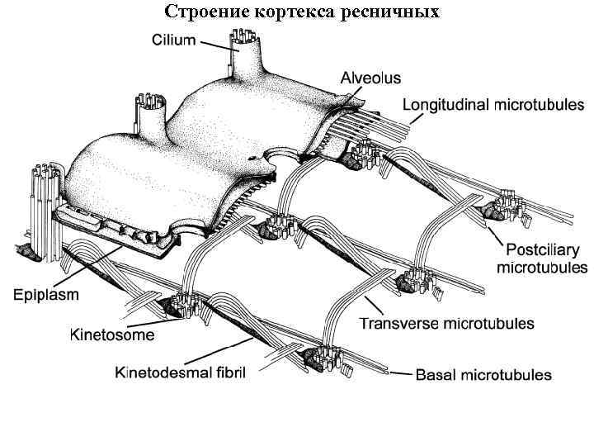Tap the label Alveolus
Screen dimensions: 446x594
point(370,78)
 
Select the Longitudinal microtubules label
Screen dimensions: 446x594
point(493,105)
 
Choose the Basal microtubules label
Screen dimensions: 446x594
point(483,375)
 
